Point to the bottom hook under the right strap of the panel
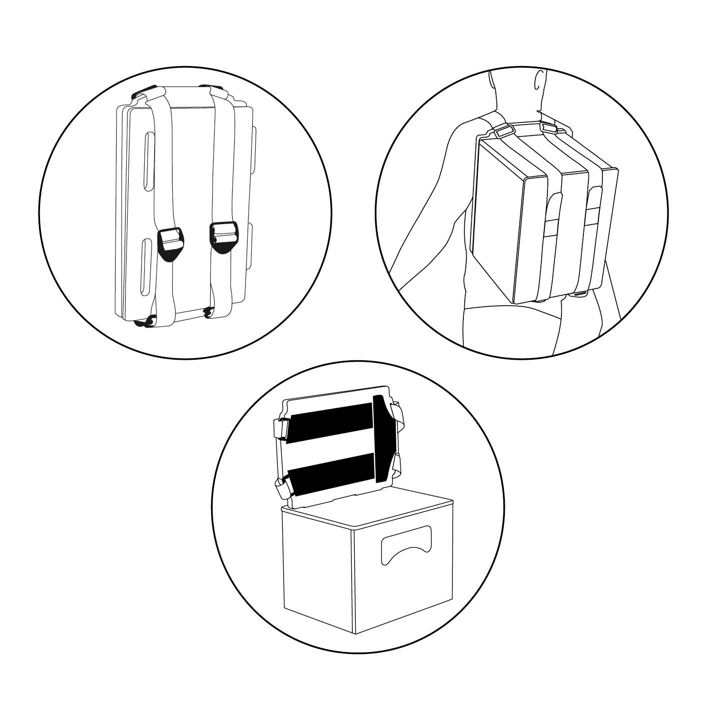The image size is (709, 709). coord(208,314)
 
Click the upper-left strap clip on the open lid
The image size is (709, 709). coord(280,428)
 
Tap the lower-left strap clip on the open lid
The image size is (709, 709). coord(281,487)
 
